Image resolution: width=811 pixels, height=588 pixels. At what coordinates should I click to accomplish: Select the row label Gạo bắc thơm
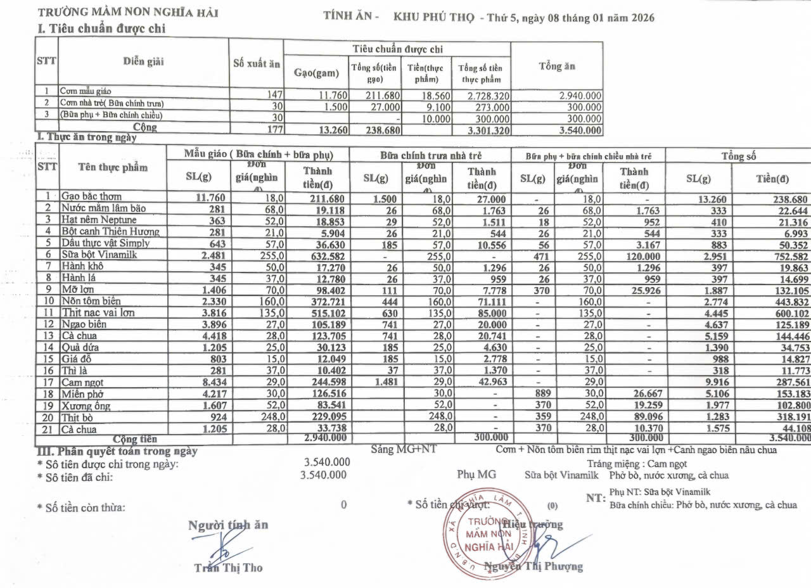click(x=91, y=196)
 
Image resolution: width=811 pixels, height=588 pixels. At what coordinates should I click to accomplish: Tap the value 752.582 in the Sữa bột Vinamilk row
click(x=787, y=255)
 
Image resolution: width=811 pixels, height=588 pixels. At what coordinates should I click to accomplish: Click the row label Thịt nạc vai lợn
click(x=98, y=312)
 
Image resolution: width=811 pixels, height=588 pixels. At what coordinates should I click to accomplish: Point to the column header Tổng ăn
click(x=556, y=67)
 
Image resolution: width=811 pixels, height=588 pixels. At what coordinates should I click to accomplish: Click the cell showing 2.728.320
click(x=484, y=96)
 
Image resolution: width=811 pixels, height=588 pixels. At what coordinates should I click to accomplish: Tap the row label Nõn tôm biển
click(x=91, y=301)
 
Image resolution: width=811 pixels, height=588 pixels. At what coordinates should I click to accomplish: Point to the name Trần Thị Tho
click(x=228, y=568)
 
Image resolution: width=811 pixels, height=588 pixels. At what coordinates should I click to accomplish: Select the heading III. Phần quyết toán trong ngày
click(x=117, y=451)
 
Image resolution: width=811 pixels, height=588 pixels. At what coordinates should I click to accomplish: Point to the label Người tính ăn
click(x=228, y=525)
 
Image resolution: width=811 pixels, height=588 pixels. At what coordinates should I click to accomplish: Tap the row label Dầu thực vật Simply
click(x=105, y=243)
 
